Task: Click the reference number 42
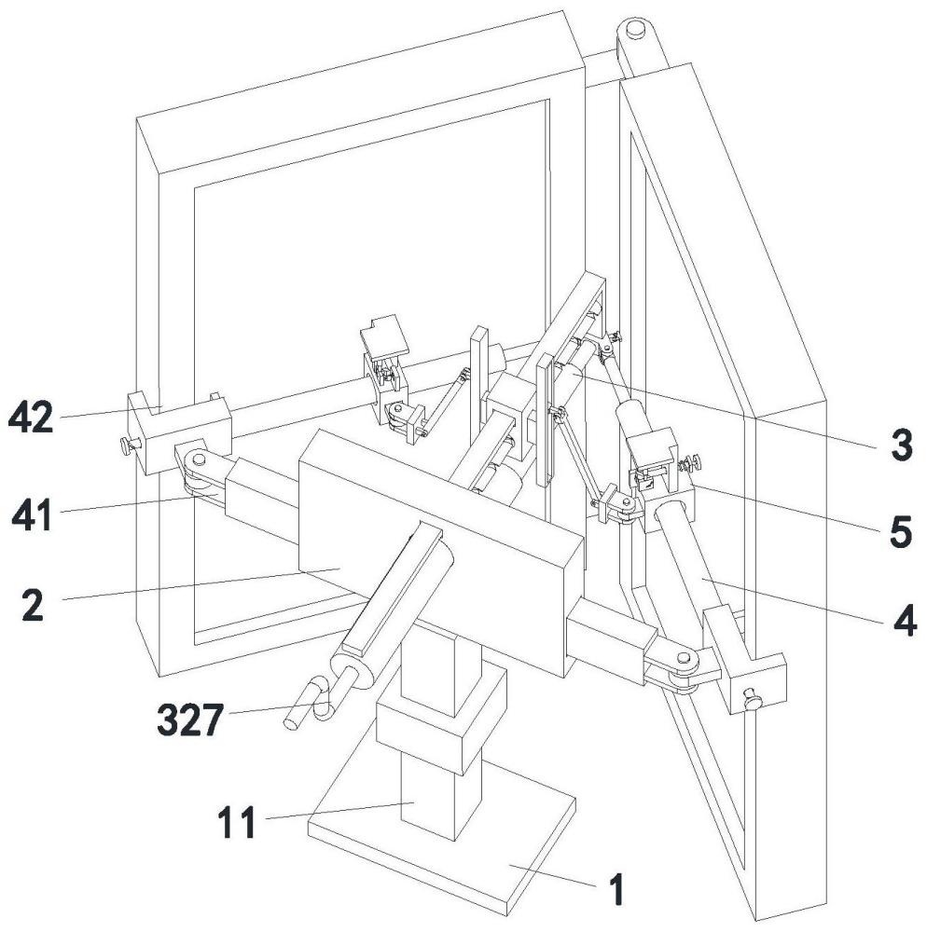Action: (x=32, y=418)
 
